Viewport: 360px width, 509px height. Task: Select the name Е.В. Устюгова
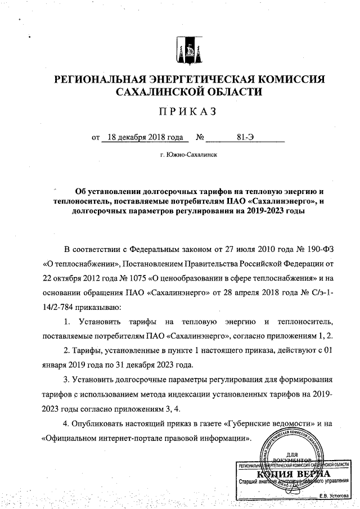click(x=333, y=496)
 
